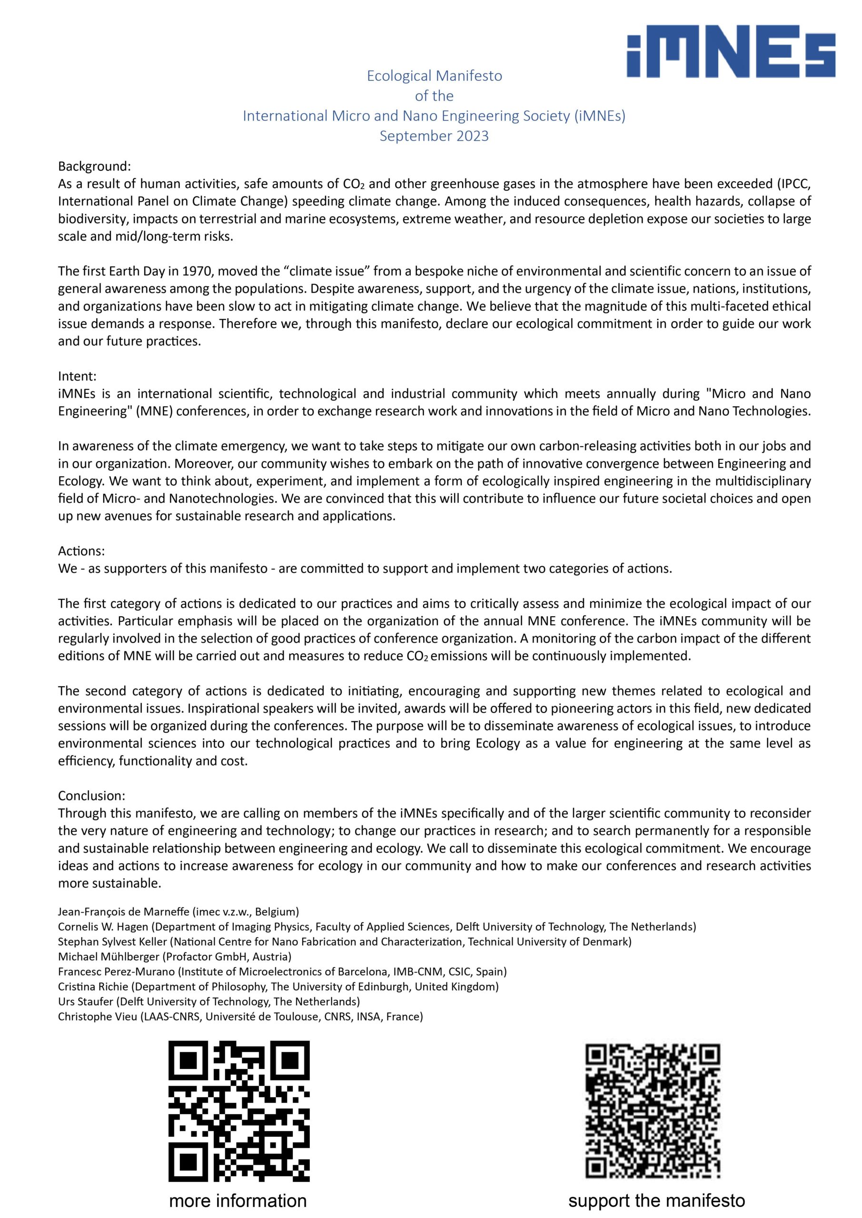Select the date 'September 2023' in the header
[x=434, y=137]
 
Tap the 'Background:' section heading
[x=94, y=167]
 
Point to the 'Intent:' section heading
[x=77, y=376]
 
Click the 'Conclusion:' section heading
[x=91, y=796]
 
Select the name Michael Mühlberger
[x=109, y=957]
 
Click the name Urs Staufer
[x=86, y=1002]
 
